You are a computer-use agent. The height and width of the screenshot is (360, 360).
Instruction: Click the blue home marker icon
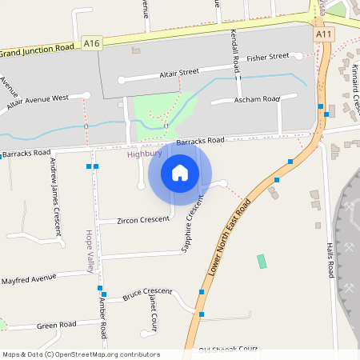tap(180, 172)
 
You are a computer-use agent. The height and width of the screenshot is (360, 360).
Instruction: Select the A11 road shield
tap(323, 35)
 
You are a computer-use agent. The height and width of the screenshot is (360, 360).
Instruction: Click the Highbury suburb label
tap(144, 154)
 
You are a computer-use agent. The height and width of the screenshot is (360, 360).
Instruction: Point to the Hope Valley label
tap(90, 250)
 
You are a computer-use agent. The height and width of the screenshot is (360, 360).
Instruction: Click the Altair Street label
tap(178, 73)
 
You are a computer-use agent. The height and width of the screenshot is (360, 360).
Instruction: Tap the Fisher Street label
tap(267, 58)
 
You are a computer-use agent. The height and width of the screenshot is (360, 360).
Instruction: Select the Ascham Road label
tap(257, 98)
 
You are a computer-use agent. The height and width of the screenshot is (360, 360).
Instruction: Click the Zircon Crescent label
tap(143, 219)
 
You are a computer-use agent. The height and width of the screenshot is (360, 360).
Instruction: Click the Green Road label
tap(56, 325)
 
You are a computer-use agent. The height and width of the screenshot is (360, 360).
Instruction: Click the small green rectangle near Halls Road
tap(262, 262)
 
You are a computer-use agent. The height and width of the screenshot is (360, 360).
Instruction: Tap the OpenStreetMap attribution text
tap(80, 354)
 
